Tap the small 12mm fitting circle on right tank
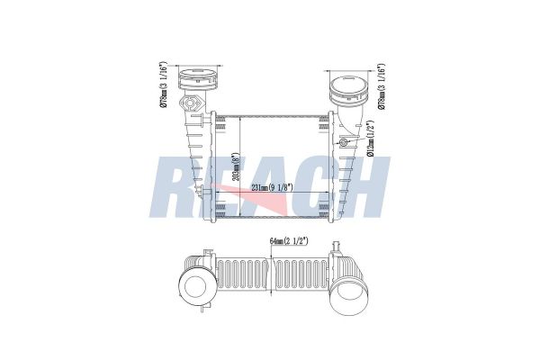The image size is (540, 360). (345, 144)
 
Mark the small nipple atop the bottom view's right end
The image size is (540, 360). (333, 244)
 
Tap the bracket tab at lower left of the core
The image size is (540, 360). (217, 212)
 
